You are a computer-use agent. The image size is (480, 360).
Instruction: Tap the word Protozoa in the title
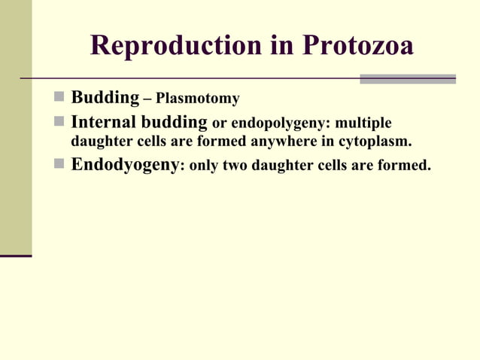358,46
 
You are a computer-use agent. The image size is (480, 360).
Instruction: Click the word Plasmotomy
197,99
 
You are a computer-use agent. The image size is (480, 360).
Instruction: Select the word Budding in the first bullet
105,98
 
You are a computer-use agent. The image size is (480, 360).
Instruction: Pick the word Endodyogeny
125,164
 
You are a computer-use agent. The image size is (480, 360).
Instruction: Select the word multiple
366,123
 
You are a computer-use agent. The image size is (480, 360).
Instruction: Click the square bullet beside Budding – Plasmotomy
59,99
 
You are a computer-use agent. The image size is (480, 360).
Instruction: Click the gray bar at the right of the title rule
407,78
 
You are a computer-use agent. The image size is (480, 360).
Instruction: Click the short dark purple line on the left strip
16,256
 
